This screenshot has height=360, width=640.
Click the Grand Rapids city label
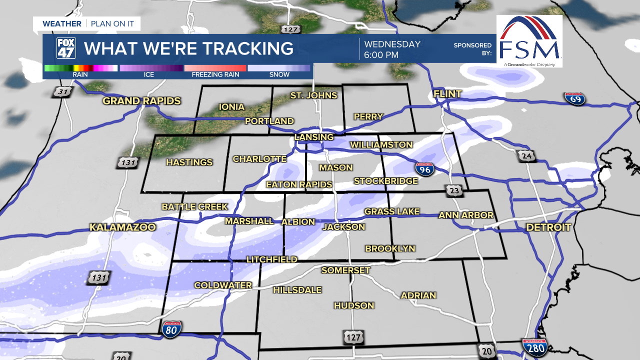[x=141, y=101]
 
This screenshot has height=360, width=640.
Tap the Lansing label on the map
[x=314, y=137]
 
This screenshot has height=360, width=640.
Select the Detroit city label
[x=548, y=227]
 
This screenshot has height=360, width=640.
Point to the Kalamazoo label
[x=122, y=227]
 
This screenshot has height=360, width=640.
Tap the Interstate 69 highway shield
[x=575, y=98]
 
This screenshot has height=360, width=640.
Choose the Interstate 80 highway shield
[x=171, y=328]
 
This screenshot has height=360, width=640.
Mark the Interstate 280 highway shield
[x=534, y=346]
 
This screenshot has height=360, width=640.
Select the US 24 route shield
[x=526, y=156]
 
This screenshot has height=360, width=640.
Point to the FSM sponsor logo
[x=529, y=41]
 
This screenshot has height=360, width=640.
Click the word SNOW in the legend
[x=279, y=74]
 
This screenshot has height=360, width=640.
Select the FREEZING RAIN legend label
[x=215, y=74]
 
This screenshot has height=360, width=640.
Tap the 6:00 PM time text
[x=381, y=55]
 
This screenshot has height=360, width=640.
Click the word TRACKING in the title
[x=239, y=48]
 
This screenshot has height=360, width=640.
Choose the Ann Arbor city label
[x=466, y=215]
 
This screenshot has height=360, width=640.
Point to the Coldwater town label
[x=223, y=285]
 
